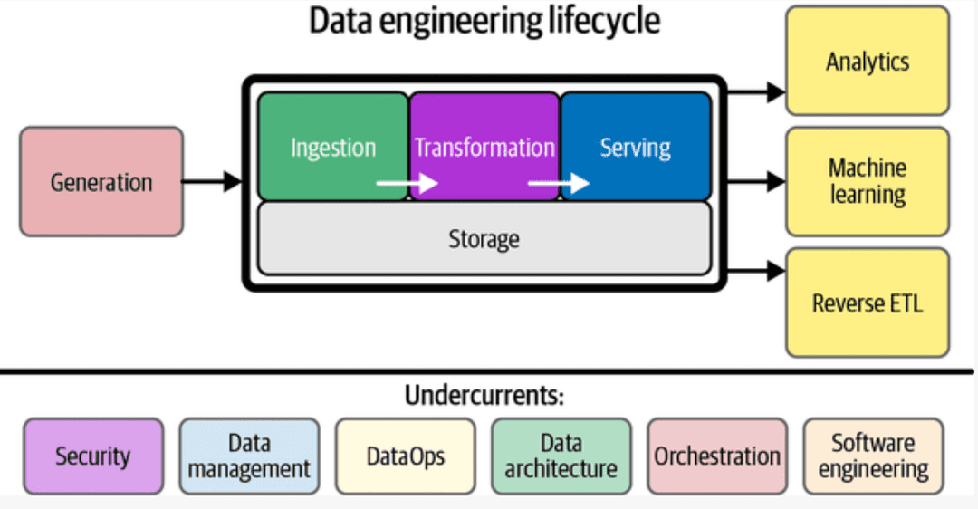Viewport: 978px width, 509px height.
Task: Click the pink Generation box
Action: click(101, 182)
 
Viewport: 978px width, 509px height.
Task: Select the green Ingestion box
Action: click(333, 146)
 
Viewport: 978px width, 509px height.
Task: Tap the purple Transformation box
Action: click(484, 146)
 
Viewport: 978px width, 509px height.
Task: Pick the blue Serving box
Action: click(636, 146)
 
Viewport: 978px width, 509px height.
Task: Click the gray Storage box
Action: click(484, 239)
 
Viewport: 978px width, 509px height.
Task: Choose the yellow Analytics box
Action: click(867, 62)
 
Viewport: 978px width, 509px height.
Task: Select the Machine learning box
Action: click(867, 181)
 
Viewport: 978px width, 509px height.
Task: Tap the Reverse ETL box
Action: click(867, 303)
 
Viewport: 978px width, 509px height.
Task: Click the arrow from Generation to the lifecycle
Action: click(213, 182)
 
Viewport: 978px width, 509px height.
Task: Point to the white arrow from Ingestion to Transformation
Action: click(407, 184)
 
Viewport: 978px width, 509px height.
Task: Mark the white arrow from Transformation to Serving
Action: click(558, 184)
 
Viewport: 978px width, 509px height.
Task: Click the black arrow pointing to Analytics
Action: click(755, 91)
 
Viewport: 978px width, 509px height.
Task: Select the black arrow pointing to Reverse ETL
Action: click(755, 270)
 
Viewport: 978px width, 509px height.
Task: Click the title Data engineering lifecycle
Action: click(484, 21)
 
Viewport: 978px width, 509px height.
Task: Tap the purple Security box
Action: click(93, 456)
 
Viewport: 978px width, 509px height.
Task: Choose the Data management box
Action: click(249, 456)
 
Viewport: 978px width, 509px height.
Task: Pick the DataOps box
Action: click(405, 456)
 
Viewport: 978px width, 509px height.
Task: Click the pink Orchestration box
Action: click(717, 456)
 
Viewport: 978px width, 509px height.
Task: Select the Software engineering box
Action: click(873, 456)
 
